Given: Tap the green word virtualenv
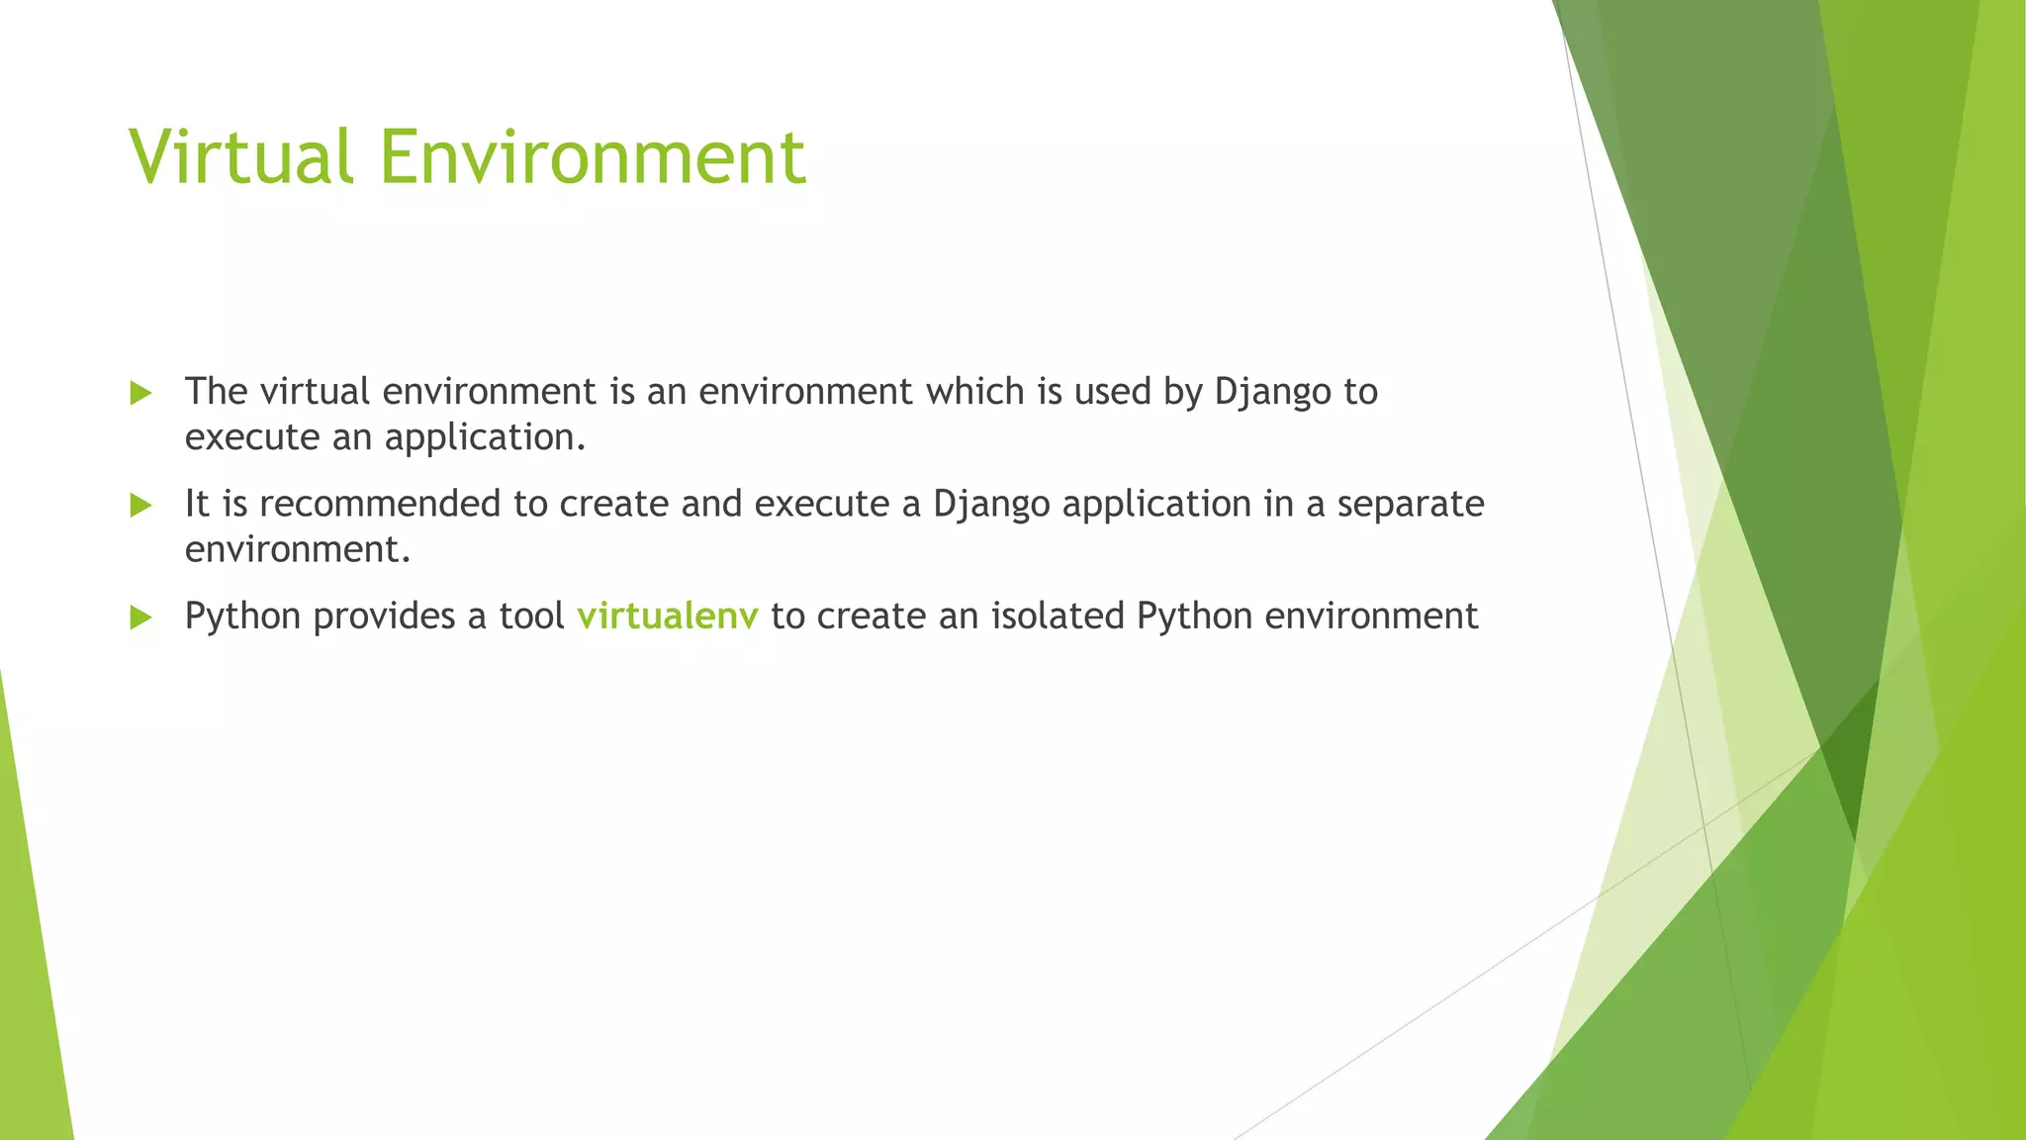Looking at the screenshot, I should pos(668,616).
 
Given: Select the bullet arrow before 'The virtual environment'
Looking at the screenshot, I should pos(141,393).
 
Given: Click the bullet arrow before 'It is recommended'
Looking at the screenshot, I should pos(141,506).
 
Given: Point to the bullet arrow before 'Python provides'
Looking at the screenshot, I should pos(141,617).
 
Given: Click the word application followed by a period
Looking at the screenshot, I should pos(485,438).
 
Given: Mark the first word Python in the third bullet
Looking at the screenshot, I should pos(242,617).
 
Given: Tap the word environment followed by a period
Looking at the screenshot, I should pos(297,550).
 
